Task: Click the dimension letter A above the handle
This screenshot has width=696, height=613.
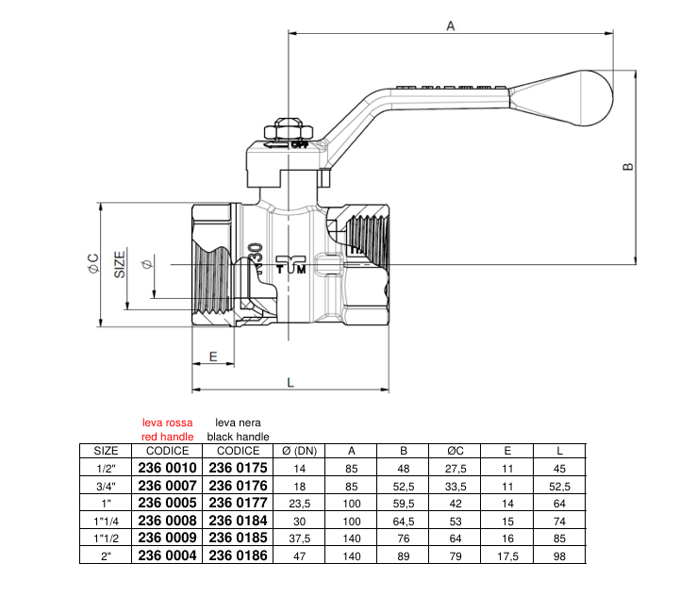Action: coord(451,26)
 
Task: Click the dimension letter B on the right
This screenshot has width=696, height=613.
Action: coord(628,167)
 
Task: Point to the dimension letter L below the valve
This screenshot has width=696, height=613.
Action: coord(290,382)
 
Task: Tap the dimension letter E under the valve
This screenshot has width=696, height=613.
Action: coord(213,356)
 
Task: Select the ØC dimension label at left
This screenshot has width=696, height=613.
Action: coord(93,265)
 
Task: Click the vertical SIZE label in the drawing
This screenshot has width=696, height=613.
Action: coord(121,263)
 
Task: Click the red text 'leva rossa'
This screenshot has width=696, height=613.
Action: coord(167,422)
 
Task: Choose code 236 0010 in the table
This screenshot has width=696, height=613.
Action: coord(168,468)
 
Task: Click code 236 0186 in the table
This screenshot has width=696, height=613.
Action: coord(239,556)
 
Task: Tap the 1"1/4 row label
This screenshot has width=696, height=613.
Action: coord(107,522)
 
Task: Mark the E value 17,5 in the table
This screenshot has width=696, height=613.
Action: coord(507,557)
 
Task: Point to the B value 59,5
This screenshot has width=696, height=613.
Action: coord(403,504)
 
